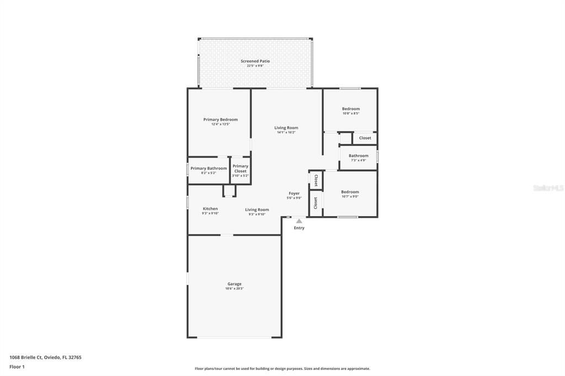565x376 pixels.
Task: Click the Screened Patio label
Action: click(x=255, y=61)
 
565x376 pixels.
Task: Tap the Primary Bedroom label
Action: click(x=220, y=120)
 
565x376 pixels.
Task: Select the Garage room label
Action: click(x=234, y=284)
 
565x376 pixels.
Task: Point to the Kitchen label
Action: click(x=210, y=209)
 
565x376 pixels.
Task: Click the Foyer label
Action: click(x=294, y=194)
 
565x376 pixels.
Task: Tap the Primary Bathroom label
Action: click(x=209, y=168)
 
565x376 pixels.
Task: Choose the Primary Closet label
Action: click(x=240, y=168)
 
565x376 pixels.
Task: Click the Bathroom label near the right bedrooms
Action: click(x=358, y=155)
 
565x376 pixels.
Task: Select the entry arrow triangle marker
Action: click(x=299, y=221)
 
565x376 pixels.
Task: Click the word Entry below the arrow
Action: click(x=299, y=228)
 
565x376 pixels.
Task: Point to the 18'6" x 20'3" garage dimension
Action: click(x=234, y=289)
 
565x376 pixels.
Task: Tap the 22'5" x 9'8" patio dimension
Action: click(x=255, y=66)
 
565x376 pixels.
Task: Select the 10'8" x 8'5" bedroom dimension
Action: click(x=350, y=114)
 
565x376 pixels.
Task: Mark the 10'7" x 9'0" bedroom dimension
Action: click(x=350, y=197)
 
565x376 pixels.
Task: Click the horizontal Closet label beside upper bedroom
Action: click(x=365, y=138)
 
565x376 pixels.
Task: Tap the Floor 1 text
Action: click(x=18, y=366)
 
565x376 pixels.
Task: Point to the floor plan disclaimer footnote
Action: click(x=282, y=369)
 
